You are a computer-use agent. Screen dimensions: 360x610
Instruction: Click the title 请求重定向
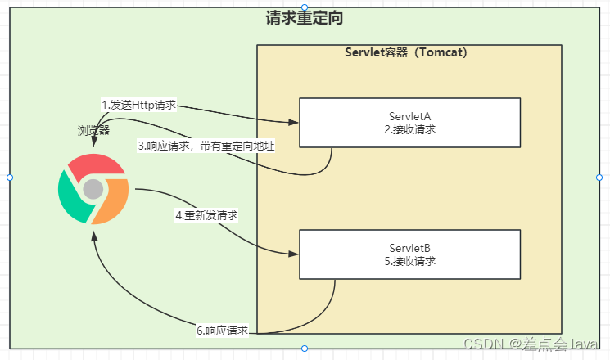pos(304,19)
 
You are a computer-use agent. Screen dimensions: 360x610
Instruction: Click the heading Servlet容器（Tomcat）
pos(406,53)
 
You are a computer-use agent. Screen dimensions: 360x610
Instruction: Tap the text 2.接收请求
pos(409,129)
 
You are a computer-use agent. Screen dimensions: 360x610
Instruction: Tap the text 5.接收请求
pos(409,261)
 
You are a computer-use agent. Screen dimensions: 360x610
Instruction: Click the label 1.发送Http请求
pos(139,105)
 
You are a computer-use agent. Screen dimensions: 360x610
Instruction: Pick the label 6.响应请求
pos(223,331)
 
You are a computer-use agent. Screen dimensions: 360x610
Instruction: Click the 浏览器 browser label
pos(93,130)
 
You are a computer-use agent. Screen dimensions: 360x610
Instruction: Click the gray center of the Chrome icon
pos(93,190)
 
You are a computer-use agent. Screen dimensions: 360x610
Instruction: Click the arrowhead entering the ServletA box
pos(294,123)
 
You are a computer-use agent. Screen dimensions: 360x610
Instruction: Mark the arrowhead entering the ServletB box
pos(294,254)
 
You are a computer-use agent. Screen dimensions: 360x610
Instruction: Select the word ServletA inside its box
pos(409,115)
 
